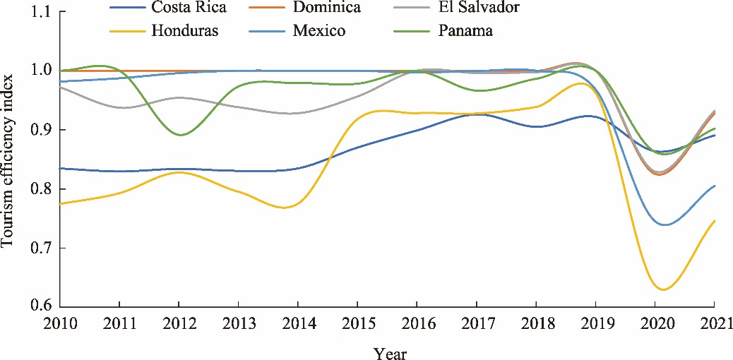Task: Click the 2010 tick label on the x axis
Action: (60, 323)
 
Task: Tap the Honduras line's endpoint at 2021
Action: (715, 221)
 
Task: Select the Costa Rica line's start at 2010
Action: (61, 168)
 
